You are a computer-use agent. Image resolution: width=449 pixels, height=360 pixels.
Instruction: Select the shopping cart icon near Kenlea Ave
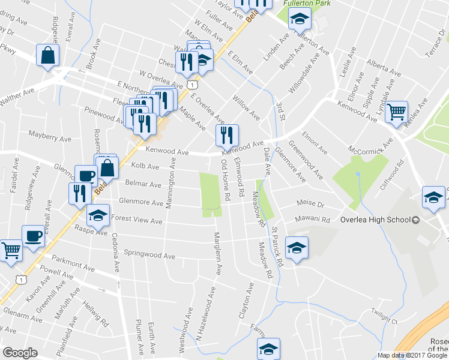(396, 111)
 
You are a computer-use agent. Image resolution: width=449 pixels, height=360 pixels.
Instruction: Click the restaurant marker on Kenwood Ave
(227, 136)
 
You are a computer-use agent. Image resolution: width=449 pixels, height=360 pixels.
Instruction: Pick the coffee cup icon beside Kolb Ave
(86, 176)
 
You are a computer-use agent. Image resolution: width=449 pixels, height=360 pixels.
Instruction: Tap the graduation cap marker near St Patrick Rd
(296, 247)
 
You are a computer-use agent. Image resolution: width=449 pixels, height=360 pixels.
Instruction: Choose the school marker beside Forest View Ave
(98, 215)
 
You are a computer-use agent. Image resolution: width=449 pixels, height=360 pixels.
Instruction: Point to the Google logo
(20, 353)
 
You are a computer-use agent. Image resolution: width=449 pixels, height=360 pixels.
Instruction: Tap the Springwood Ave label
(150, 254)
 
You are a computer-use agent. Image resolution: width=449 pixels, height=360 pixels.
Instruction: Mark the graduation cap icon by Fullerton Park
(298, 20)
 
